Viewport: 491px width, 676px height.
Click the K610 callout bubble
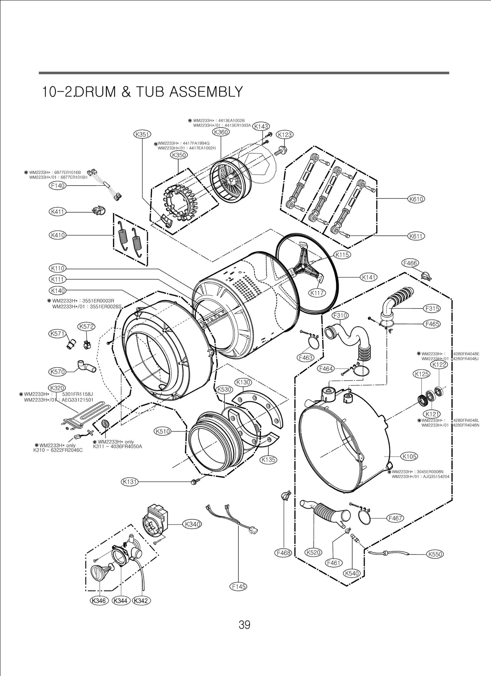point(416,199)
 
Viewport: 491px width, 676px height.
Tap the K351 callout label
point(142,134)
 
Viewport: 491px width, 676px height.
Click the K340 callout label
point(192,524)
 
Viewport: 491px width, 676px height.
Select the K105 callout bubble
point(409,465)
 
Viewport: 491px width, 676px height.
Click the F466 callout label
point(410,263)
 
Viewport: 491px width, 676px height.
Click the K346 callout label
point(99,609)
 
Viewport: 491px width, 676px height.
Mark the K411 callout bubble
point(57,212)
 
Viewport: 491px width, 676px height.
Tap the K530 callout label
point(225,389)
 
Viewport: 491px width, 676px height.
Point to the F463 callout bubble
point(305,357)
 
